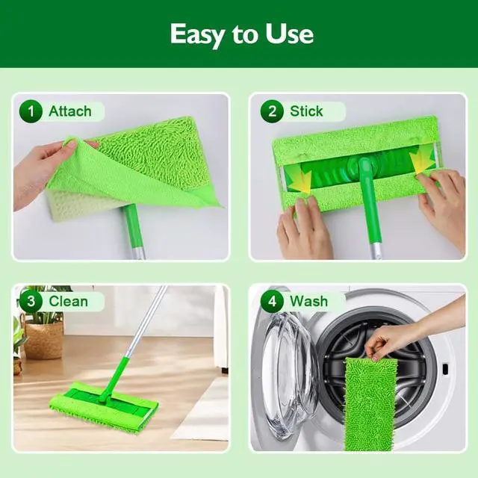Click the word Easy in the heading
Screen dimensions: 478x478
click(197, 35)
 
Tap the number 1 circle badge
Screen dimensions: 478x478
click(31, 111)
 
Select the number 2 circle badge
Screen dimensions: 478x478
click(272, 111)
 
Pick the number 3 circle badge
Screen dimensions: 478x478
click(31, 302)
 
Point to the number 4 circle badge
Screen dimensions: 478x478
click(272, 302)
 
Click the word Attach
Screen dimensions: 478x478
click(70, 111)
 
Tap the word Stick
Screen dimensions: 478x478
click(306, 111)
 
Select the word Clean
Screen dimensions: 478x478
click(68, 302)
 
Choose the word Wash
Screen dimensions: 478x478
click(308, 302)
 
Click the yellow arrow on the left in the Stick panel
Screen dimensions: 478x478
click(302, 181)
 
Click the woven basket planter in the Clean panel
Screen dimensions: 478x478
click(43, 340)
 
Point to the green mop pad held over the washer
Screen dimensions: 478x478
click(370, 404)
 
